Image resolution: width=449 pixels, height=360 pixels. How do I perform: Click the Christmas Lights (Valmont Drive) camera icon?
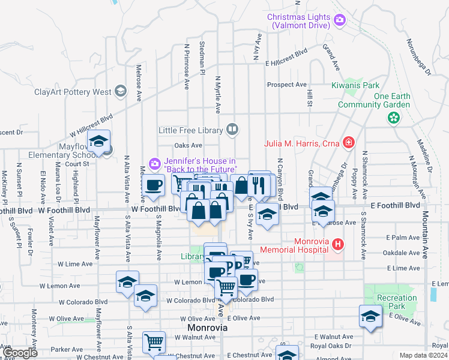tap(340, 21)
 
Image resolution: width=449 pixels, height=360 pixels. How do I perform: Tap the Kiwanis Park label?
tap(356, 85)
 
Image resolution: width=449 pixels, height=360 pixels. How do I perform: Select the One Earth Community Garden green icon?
tap(393, 118)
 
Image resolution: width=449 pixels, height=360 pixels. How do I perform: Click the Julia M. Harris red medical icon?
tap(348, 142)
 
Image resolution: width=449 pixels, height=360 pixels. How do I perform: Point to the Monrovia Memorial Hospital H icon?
tap(338, 244)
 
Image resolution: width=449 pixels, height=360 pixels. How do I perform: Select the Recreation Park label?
tap(396, 302)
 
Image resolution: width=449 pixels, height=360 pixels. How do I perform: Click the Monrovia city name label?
tap(207, 328)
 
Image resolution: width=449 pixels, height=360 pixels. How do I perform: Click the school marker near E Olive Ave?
tap(370, 316)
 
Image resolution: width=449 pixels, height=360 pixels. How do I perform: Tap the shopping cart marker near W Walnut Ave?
tap(154, 342)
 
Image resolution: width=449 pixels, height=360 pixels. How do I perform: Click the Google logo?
tap(19, 353)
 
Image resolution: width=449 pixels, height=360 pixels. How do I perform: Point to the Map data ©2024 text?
tap(423, 355)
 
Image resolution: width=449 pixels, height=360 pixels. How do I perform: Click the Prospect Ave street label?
tap(288, 85)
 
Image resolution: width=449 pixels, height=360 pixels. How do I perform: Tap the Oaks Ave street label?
tap(188, 145)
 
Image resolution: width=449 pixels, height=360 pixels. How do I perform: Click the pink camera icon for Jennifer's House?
tap(154, 163)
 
